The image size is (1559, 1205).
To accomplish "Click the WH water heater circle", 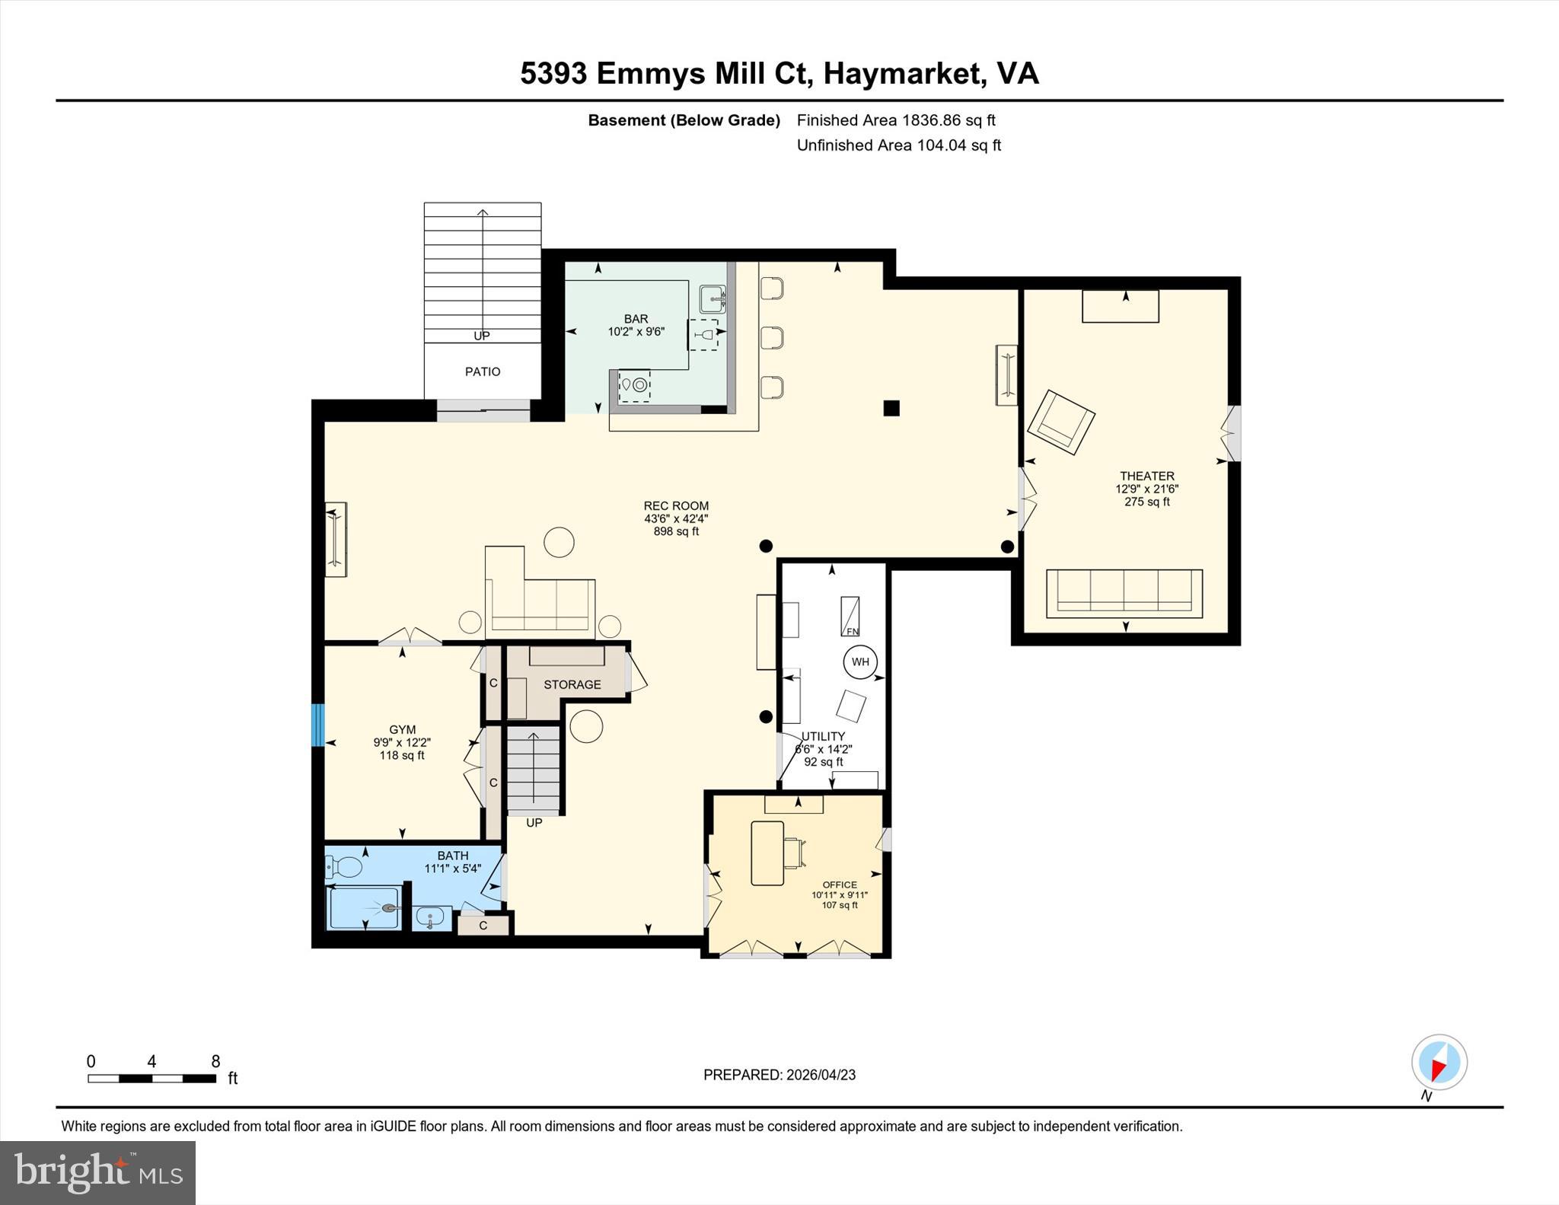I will [x=860, y=661].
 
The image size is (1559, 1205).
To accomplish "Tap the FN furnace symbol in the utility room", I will [x=850, y=617].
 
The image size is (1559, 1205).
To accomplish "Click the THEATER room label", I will [x=1146, y=477].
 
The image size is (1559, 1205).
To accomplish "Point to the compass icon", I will [x=1439, y=1062].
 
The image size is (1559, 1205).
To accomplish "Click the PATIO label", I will [x=483, y=371].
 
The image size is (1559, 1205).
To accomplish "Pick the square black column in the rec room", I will [x=891, y=408].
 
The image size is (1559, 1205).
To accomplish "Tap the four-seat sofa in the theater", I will [x=1124, y=593].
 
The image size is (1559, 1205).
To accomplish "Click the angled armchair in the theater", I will [x=1060, y=422].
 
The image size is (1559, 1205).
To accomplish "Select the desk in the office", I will [x=767, y=853].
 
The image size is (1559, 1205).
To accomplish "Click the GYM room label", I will [x=402, y=729].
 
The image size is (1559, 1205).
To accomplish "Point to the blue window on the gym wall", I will [x=318, y=725].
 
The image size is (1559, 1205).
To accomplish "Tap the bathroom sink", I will [x=432, y=918].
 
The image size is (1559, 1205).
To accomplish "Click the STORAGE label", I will [x=572, y=684].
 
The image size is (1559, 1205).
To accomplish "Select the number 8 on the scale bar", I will [x=215, y=1061].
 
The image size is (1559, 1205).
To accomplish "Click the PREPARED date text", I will [x=779, y=1075].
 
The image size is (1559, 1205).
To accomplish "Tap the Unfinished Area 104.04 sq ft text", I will [x=898, y=145].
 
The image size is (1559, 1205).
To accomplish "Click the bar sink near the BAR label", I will [x=713, y=299].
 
